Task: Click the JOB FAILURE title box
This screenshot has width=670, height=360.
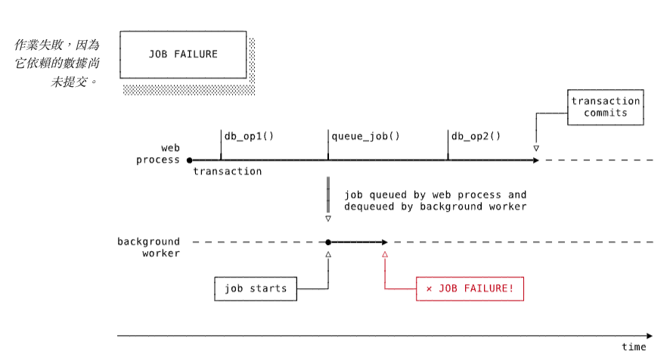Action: (x=183, y=54)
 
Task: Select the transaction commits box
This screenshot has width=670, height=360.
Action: (x=605, y=107)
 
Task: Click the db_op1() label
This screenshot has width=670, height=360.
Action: (x=249, y=136)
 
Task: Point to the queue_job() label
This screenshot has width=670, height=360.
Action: (x=365, y=136)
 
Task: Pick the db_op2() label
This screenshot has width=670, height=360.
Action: (x=476, y=136)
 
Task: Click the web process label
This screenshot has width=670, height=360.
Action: (x=158, y=154)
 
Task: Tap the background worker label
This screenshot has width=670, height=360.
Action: (x=149, y=247)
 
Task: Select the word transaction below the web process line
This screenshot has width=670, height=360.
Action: (x=228, y=172)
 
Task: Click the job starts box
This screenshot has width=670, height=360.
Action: (x=256, y=289)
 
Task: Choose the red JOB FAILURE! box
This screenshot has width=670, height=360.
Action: (x=470, y=289)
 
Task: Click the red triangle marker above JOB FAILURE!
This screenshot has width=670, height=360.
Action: (x=385, y=255)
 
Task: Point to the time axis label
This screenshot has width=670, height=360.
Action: (x=634, y=346)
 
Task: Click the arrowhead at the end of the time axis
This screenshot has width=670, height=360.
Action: (x=650, y=335)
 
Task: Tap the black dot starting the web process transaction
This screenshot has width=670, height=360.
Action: (x=190, y=160)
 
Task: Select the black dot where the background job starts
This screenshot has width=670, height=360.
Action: (x=328, y=242)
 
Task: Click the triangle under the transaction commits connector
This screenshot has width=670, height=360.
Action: (x=536, y=148)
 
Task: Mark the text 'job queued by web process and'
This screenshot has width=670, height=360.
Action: (x=435, y=195)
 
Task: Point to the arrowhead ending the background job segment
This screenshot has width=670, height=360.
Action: (x=384, y=242)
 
